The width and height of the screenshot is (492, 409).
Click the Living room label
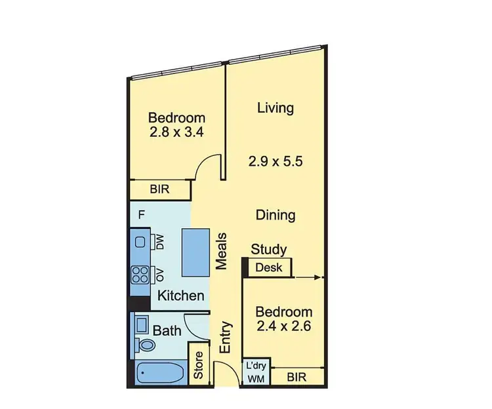[x=275, y=107]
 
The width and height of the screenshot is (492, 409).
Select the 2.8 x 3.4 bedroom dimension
[x=176, y=130]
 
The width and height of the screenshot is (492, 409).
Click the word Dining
[x=275, y=214]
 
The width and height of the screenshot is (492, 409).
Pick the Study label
[x=269, y=249]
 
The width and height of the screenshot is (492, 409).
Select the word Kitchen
[x=180, y=296]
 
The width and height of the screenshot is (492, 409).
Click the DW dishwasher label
[x=159, y=241]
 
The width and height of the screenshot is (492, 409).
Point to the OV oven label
[x=159, y=273]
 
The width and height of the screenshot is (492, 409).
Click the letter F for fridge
[x=140, y=214]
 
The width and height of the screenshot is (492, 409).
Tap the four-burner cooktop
[x=140, y=273]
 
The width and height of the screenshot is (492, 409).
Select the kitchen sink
[x=140, y=242]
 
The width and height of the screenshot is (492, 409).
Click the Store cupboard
[x=199, y=366]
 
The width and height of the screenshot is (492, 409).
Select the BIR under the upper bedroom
[x=160, y=190]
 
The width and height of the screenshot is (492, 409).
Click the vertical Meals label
[x=222, y=252]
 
